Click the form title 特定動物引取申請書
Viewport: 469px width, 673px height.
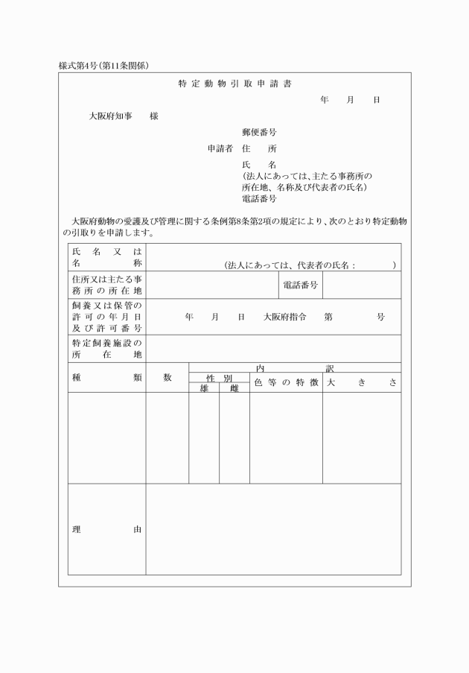click(x=234, y=83)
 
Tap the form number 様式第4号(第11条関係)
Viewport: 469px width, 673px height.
click(x=103, y=66)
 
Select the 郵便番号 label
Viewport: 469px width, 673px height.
click(x=260, y=132)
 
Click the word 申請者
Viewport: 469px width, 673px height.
click(x=220, y=148)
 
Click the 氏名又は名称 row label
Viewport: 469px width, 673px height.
click(x=106, y=257)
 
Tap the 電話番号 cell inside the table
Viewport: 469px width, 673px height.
click(x=301, y=285)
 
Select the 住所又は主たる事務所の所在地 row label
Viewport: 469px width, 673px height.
click(x=106, y=285)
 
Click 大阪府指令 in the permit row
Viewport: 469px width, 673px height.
click(x=285, y=317)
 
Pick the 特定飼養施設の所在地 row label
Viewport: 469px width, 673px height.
click(x=106, y=349)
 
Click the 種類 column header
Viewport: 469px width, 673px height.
click(x=106, y=378)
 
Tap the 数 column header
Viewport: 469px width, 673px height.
click(x=167, y=378)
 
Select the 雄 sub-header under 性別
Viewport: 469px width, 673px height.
click(x=204, y=388)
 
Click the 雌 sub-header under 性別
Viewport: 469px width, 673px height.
click(x=234, y=388)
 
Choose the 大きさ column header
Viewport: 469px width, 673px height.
click(x=361, y=382)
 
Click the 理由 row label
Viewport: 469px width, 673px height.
click(x=106, y=530)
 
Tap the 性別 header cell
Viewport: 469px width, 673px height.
click(x=219, y=378)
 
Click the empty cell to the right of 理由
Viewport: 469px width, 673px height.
click(x=272, y=530)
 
